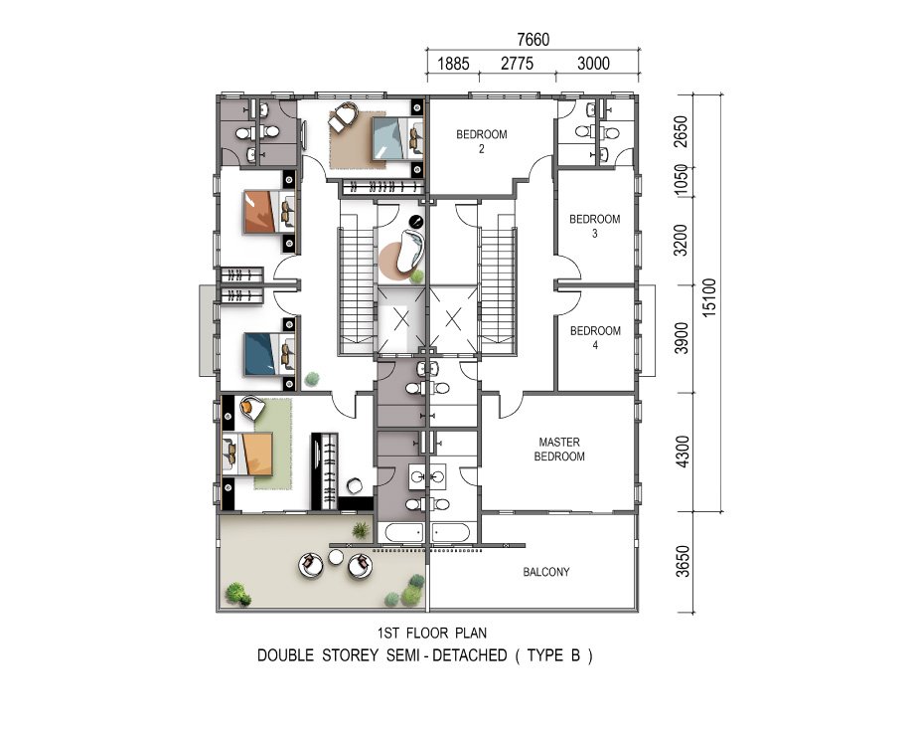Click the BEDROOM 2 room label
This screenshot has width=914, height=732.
coord(482,141)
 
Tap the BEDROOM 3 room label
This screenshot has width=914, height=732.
coord(594,226)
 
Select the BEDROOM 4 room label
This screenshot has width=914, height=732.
coord(595,337)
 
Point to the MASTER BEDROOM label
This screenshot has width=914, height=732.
coord(559,450)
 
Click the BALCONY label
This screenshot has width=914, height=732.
coord(546,572)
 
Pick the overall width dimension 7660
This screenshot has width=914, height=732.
coord(533,39)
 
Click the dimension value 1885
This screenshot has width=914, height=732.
coord(453,63)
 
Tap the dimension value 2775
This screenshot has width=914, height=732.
coord(517,63)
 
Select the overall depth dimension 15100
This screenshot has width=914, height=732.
coord(708,297)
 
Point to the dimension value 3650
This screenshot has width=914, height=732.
coord(682,562)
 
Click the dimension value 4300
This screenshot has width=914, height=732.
coord(682,452)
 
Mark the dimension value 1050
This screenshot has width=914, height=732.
coord(682,180)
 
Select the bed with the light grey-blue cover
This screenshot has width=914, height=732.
coord(397,138)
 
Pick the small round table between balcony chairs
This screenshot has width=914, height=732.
coord(335,558)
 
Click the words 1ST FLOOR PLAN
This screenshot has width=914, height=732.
coord(432,633)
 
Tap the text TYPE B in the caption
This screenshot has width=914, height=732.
coord(553,655)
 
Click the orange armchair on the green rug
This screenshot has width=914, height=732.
coord(251,408)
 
